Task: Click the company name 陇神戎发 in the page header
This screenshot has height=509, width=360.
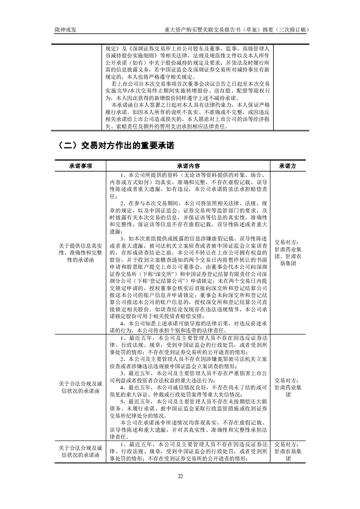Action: (x=62, y=30)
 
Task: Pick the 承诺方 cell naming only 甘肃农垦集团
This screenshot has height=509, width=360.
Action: (x=288, y=451)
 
